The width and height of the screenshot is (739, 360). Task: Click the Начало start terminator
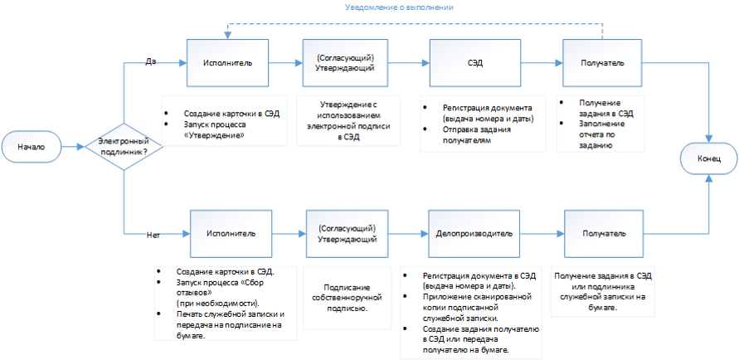pos(32,147)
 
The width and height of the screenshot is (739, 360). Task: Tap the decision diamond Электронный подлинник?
pos(124,147)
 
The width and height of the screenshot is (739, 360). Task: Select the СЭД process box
pos(475,63)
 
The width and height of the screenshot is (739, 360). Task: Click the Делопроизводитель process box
pos(474,233)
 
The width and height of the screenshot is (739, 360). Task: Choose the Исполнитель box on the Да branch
pos(227,63)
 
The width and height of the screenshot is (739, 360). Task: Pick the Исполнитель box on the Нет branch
pos(231,233)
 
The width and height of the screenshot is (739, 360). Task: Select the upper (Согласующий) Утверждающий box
pos(346,63)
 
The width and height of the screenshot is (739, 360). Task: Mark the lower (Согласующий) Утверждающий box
pos(348,233)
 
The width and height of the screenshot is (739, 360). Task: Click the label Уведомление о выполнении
pos(400,7)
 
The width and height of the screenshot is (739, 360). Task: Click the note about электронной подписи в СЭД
pos(348,119)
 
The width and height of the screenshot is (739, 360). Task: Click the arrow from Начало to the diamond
pos(73,147)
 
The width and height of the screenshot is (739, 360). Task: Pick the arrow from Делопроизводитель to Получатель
pos(542,233)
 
